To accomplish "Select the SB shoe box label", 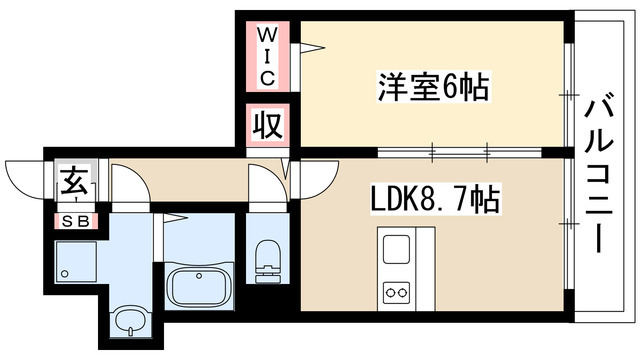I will coord(74,221).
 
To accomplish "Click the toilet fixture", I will coord(267,258).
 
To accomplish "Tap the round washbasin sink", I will coord(129,323).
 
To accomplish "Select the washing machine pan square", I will coord(76,262).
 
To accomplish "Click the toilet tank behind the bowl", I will coord(267,246).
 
